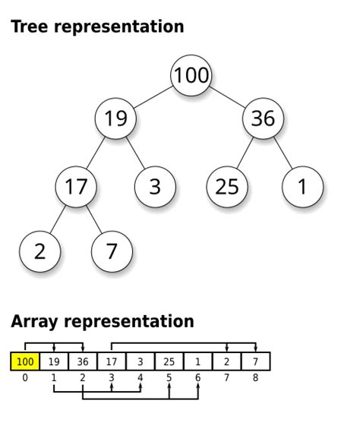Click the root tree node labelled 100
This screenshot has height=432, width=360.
pyautogui.click(x=191, y=76)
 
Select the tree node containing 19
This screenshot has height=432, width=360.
pyautogui.click(x=115, y=119)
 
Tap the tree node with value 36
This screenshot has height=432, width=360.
pyautogui.click(x=263, y=119)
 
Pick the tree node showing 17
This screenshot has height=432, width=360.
pyautogui.click(x=76, y=186)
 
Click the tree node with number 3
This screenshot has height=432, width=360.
pyautogui.click(x=155, y=186)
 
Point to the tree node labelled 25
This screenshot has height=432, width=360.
pyautogui.click(x=227, y=186)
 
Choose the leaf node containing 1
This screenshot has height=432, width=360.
pyautogui.click(x=302, y=186)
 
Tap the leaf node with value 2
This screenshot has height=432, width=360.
pyautogui.click(x=39, y=251)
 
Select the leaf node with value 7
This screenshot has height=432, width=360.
pyautogui.click(x=112, y=251)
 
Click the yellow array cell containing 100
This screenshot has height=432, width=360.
pyautogui.click(x=25, y=361)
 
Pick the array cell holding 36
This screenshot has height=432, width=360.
pyautogui.click(x=83, y=361)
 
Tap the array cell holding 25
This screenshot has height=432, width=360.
pyautogui.click(x=169, y=361)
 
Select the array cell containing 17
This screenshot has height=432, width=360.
pyautogui.click(x=112, y=361)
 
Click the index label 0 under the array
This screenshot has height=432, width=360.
pyautogui.click(x=25, y=377)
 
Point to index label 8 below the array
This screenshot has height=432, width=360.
pyautogui.click(x=255, y=377)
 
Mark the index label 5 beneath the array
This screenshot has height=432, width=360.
pyautogui.click(x=169, y=377)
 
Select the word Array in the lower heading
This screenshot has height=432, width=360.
pyautogui.click(x=33, y=321)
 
